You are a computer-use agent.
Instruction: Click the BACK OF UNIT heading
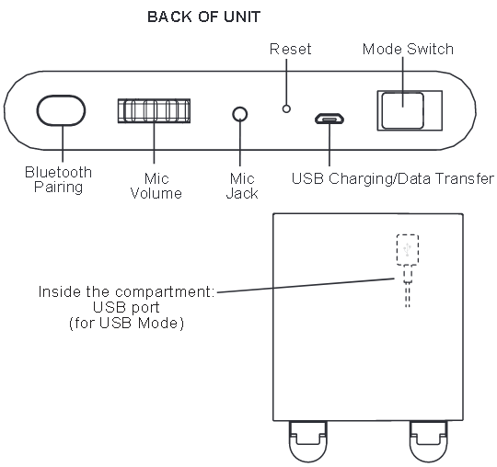[x=203, y=17]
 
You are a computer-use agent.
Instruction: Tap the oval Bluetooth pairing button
[x=61, y=110]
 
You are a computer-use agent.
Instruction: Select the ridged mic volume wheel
[x=154, y=111]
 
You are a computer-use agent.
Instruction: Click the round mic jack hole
[x=240, y=114]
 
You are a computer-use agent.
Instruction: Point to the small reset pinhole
[x=286, y=108]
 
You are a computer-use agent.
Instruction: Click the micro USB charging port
[x=329, y=119]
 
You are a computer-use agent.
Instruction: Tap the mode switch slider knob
[x=402, y=110]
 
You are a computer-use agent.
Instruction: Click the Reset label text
[x=290, y=49]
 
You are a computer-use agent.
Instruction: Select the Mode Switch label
[x=408, y=49]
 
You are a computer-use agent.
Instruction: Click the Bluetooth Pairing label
[x=58, y=179]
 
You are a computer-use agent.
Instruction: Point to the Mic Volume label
[x=156, y=186]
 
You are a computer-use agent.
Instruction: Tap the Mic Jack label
[x=242, y=186]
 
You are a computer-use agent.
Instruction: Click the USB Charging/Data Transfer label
[x=393, y=178]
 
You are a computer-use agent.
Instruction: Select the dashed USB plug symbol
[x=408, y=250]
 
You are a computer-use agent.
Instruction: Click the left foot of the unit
[x=307, y=441]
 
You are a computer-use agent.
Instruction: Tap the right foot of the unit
[x=429, y=441]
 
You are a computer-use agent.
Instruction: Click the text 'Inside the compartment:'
[x=126, y=291]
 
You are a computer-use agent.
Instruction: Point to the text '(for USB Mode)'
[x=126, y=324]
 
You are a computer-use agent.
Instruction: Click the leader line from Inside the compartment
[x=306, y=285]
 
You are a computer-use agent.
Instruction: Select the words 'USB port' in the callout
[x=126, y=307]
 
